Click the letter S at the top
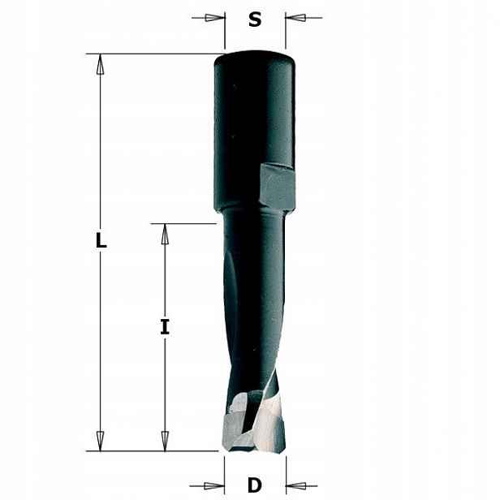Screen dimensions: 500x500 255,19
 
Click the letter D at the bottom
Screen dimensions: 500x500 255,485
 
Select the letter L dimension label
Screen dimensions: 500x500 101,240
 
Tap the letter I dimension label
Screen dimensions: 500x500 165,326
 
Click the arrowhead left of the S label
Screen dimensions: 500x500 214,18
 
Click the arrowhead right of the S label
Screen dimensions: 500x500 295,18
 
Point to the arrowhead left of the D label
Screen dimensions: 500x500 213,486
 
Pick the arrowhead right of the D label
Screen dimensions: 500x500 296,486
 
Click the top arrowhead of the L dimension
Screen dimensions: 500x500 100,64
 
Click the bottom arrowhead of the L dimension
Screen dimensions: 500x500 100,441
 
